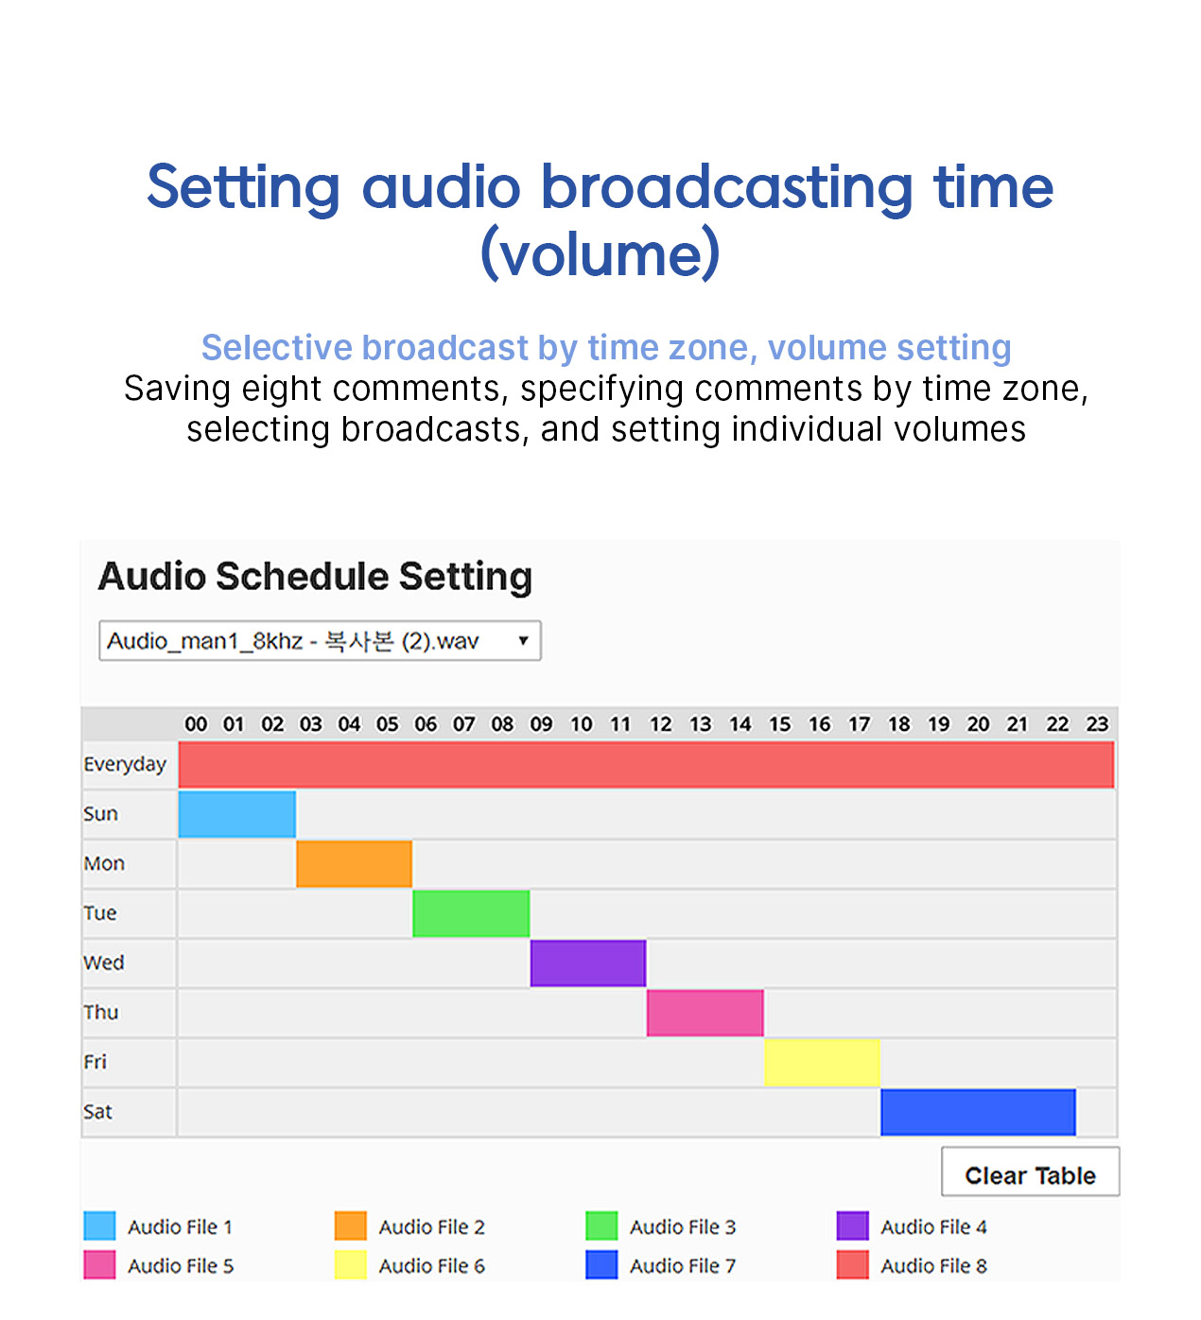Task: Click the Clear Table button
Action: [1030, 1175]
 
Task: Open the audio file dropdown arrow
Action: [523, 640]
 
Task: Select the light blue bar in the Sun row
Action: [237, 814]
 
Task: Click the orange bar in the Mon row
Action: [354, 863]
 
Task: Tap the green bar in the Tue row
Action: [471, 913]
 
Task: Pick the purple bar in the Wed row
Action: [588, 963]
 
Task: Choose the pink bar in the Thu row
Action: [705, 1013]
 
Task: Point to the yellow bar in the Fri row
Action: [822, 1062]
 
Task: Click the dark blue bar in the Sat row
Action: [979, 1112]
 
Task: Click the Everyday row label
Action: [125, 764]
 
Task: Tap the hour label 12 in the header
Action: [661, 724]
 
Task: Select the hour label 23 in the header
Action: [1097, 724]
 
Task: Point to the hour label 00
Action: [196, 724]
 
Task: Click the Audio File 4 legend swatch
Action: [852, 1225]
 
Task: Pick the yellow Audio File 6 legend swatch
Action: [350, 1264]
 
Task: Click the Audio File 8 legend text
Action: [933, 1265]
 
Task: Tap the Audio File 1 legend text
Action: [180, 1226]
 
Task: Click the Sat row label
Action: [97, 1112]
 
